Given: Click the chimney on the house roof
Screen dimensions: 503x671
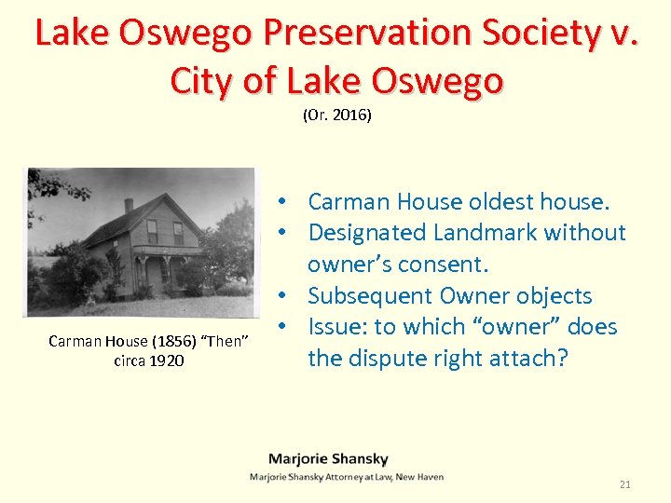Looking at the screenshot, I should (129, 206).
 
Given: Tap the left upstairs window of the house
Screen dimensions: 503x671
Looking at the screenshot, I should (152, 231).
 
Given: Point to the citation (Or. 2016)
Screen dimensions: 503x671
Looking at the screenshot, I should (336, 116).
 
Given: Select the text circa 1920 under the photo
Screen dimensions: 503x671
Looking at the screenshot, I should (148, 360).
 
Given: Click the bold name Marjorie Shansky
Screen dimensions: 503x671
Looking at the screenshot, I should (328, 458).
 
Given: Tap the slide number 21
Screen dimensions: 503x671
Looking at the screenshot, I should (625, 484).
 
